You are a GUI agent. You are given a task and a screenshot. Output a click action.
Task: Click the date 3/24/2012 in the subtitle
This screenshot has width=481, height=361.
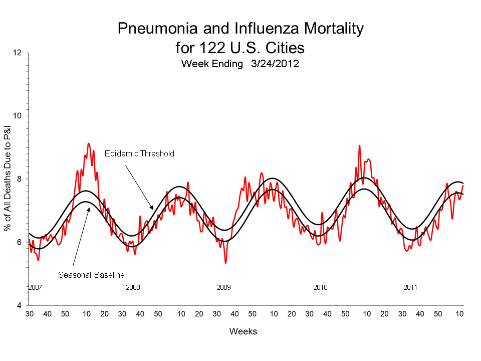[x=272, y=64]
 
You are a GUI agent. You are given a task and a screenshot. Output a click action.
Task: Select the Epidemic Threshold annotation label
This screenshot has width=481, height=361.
[x=139, y=154]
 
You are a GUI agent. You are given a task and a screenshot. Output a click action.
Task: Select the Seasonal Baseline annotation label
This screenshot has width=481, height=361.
[x=91, y=275]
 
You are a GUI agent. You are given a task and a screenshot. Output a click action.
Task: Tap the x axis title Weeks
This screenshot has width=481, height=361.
[x=243, y=331]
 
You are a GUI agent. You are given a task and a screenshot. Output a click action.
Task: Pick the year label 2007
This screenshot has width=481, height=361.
[x=35, y=287]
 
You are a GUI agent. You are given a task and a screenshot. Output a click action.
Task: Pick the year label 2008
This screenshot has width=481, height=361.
[x=133, y=287]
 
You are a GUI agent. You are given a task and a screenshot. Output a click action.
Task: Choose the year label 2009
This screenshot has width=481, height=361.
[x=223, y=287]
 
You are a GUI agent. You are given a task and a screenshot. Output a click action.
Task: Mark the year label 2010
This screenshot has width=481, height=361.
[x=320, y=287]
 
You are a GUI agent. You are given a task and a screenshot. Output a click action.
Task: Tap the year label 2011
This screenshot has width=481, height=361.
[x=410, y=287]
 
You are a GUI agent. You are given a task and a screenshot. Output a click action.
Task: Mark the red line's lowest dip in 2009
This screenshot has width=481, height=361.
[x=225, y=263]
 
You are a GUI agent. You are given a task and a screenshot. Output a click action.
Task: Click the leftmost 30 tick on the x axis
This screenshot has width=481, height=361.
[x=30, y=314]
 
